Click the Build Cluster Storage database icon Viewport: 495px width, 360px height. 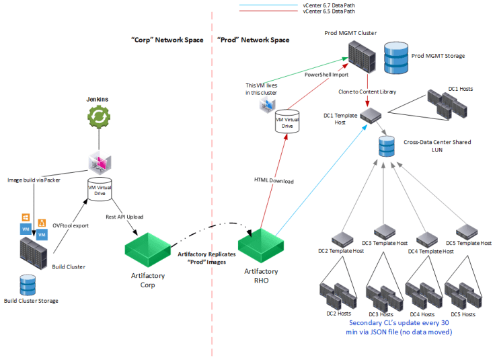(28, 285)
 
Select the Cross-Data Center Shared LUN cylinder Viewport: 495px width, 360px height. (386, 146)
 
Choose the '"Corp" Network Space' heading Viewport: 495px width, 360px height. (167, 40)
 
